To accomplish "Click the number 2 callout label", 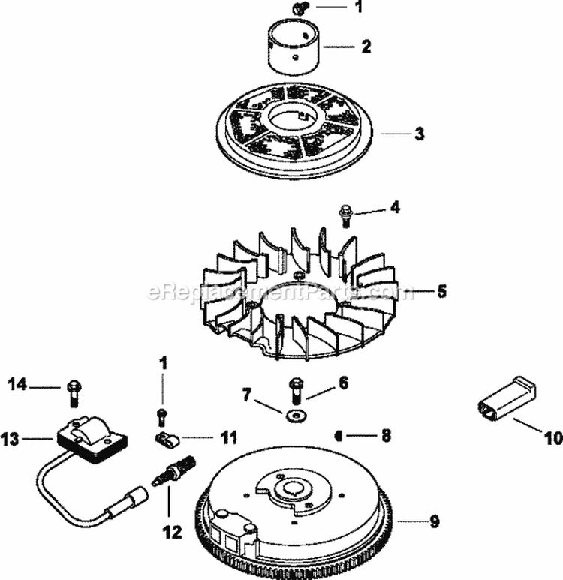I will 366,47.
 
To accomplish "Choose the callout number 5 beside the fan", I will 441,290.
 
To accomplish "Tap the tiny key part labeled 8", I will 339,434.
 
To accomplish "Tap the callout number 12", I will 170,533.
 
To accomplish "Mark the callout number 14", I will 17,385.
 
